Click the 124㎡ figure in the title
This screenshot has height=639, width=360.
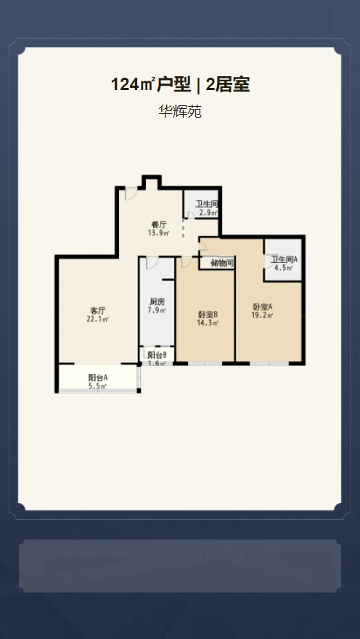click(133, 85)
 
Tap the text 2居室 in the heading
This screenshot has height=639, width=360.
click(227, 85)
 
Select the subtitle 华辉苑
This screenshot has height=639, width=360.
click(179, 112)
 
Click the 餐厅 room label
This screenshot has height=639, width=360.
click(159, 225)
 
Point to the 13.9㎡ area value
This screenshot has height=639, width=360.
click(159, 233)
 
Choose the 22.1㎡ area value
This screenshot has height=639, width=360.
click(97, 319)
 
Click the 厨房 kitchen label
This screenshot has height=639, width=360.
click(157, 302)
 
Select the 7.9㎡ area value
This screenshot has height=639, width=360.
click(157, 311)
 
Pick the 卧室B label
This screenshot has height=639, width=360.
click(208, 314)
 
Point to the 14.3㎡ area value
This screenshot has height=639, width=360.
click(208, 323)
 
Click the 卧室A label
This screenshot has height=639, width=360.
click(262, 306)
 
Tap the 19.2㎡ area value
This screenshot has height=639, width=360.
click(262, 315)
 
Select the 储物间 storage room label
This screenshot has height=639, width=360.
click(222, 264)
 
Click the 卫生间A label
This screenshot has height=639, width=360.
click(285, 260)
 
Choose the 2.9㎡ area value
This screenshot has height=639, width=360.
click(208, 213)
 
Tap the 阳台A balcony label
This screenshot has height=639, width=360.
click(98, 378)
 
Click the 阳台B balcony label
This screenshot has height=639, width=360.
click(157, 355)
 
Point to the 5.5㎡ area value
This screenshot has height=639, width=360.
click(98, 386)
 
